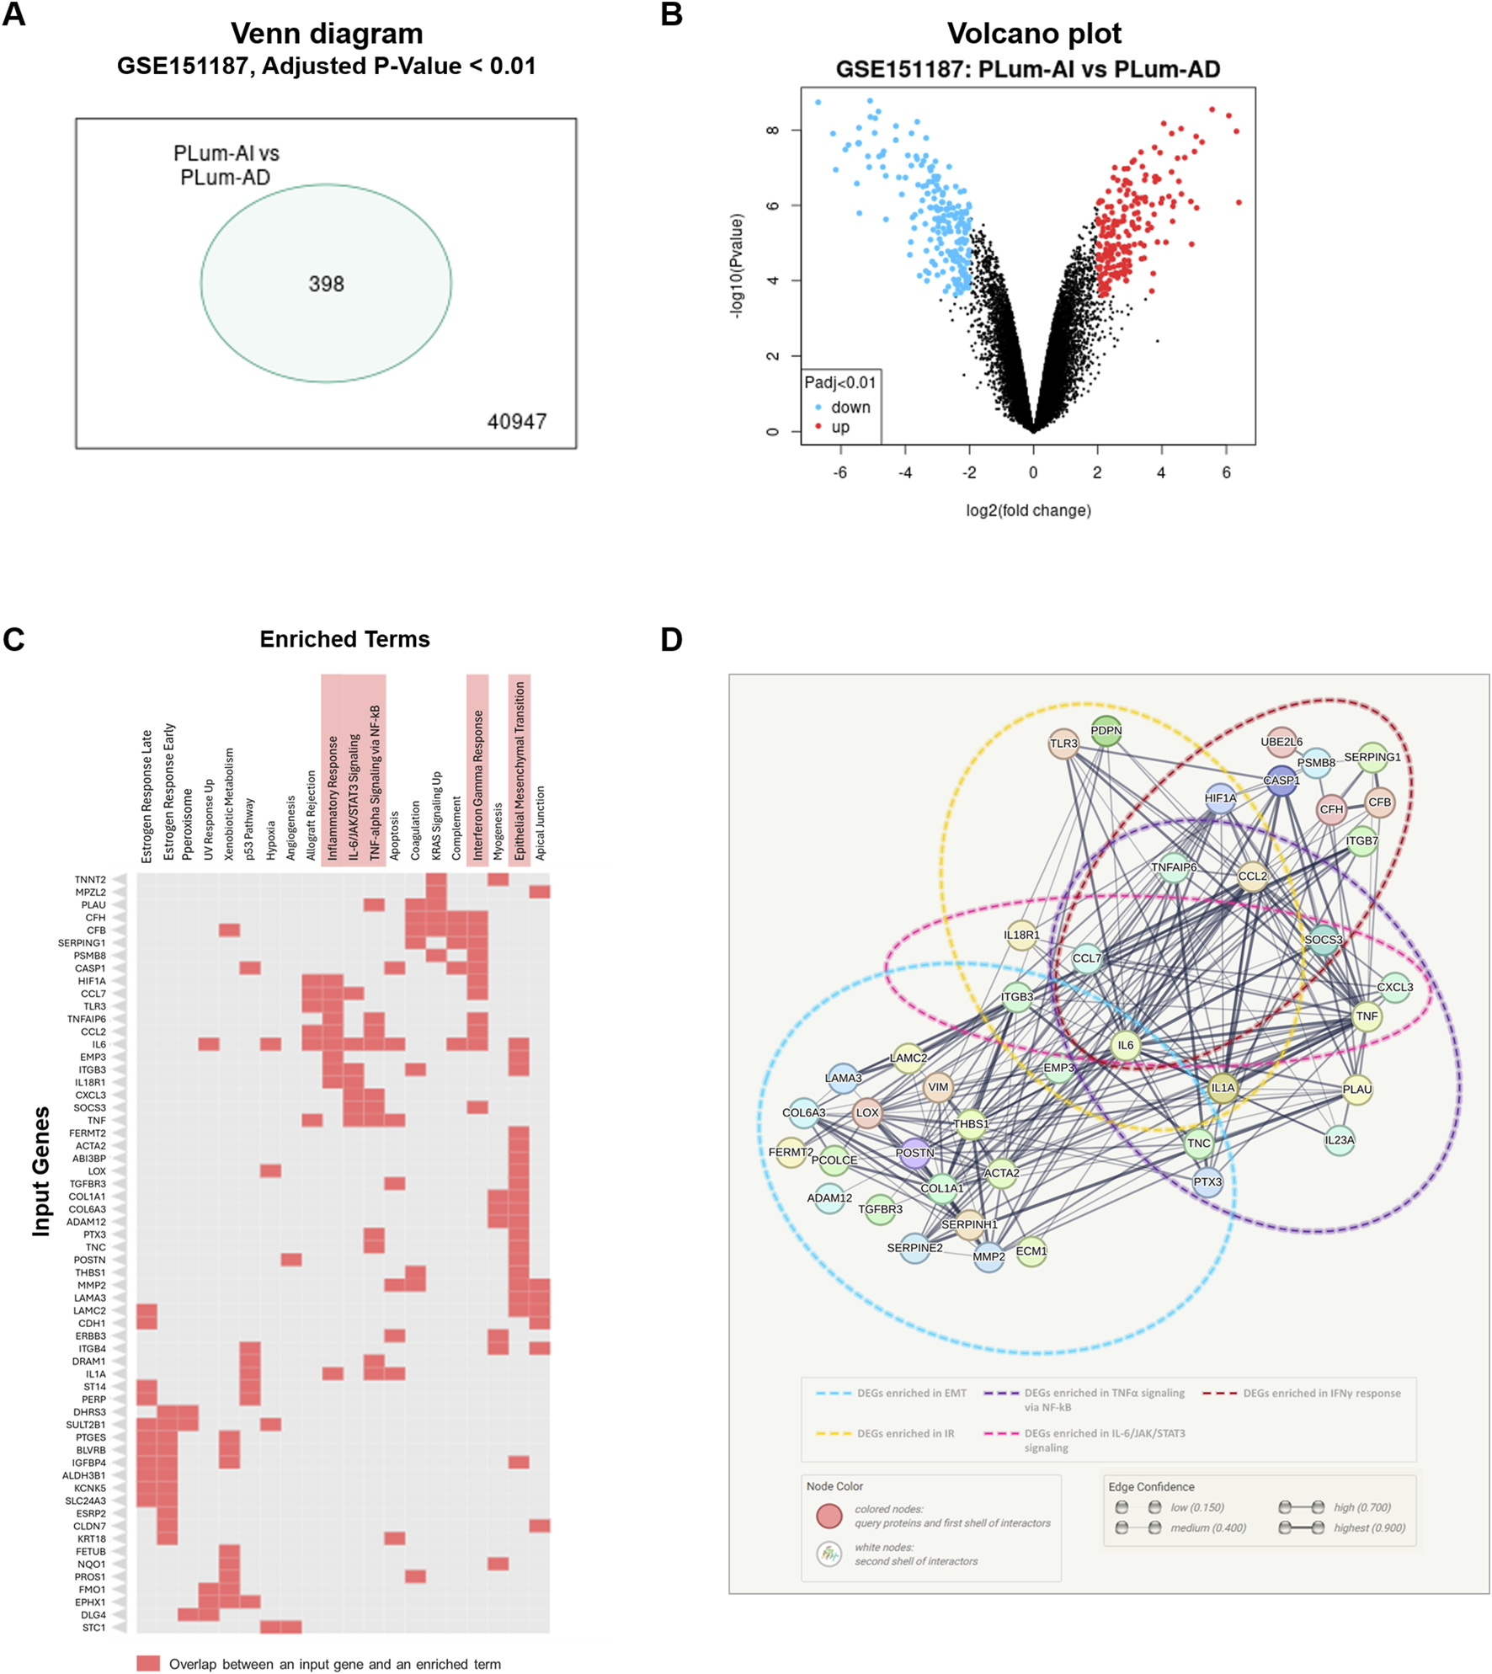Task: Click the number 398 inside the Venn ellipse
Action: click(x=326, y=284)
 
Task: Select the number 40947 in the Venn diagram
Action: click(x=516, y=421)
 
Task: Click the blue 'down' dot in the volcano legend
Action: click(x=818, y=408)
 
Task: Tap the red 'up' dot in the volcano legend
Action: click(x=818, y=427)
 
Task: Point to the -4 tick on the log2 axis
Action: click(x=904, y=473)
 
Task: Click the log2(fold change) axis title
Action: click(x=1028, y=510)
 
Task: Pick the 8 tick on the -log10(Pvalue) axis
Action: click(x=773, y=131)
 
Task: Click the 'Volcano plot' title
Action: click(x=1033, y=34)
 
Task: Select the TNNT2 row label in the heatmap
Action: click(x=90, y=879)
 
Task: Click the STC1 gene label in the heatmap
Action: click(x=94, y=1628)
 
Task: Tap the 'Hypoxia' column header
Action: click(x=270, y=840)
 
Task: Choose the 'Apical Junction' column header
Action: click(x=540, y=823)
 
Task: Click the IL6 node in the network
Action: click(x=1126, y=1046)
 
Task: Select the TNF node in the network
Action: click(x=1367, y=1016)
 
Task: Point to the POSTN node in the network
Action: click(x=914, y=1153)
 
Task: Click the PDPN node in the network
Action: click(x=1106, y=731)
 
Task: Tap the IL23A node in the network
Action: click(x=1339, y=1141)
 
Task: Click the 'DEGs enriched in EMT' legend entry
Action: click(x=911, y=1393)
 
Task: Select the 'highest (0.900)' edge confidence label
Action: click(x=1369, y=1527)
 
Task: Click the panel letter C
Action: click(x=13, y=640)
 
